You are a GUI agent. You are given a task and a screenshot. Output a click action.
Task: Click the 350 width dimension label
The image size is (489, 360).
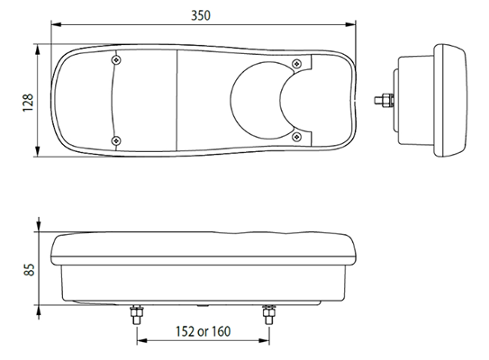201,15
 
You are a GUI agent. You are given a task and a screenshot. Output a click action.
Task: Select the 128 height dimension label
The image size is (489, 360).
28,103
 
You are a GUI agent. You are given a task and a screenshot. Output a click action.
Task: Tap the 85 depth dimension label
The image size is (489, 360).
29,270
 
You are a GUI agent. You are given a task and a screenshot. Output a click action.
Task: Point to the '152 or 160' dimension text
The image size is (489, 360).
203,331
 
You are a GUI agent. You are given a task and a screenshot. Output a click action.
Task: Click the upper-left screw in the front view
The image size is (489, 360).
116,59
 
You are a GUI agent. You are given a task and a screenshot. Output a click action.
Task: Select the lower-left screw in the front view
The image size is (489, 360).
116,141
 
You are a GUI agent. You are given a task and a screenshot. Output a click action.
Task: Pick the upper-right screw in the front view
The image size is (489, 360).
296,64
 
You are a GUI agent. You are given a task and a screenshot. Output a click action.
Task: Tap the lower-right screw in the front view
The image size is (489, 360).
296,137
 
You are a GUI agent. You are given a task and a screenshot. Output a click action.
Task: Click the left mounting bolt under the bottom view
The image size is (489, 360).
137,315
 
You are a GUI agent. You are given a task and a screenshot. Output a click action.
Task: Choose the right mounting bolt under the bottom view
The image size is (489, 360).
269,315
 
